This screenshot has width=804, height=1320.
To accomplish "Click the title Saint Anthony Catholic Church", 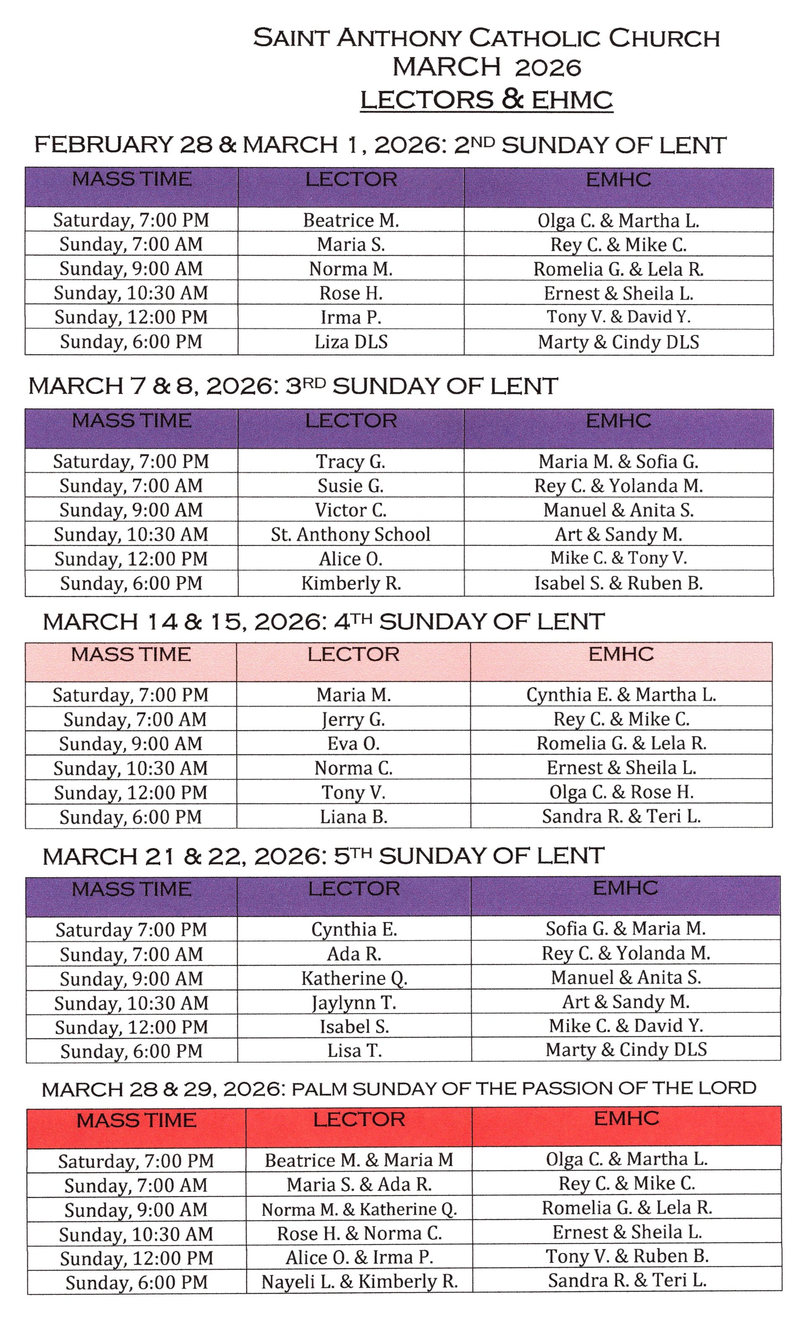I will [x=486, y=38].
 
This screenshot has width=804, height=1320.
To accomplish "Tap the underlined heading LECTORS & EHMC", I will [x=486, y=100].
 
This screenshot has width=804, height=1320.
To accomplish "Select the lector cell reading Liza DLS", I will [x=351, y=342].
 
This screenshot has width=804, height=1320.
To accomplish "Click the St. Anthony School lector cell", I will [x=351, y=534].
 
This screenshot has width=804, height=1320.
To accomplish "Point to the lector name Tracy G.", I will [x=351, y=461].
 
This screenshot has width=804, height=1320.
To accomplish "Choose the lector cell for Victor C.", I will [x=351, y=510].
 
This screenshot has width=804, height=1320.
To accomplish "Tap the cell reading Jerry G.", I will [x=353, y=719].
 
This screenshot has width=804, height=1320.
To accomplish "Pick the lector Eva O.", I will [x=353, y=744].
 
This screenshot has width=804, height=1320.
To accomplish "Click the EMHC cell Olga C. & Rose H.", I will [x=621, y=792].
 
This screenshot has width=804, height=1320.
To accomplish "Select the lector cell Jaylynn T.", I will [x=354, y=1002].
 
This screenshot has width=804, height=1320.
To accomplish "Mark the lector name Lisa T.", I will [x=354, y=1051].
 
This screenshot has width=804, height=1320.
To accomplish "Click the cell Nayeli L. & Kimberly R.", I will [x=359, y=1281].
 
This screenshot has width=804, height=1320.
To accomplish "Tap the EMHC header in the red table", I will [x=626, y=1118].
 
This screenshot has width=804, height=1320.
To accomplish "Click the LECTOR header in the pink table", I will [x=353, y=654].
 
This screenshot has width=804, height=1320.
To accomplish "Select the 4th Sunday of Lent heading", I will [x=324, y=621].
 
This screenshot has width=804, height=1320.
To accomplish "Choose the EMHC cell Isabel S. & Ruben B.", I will [x=618, y=583].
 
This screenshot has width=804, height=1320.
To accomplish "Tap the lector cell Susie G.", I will [x=351, y=486].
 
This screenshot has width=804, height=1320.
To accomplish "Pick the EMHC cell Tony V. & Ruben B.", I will [x=627, y=1256].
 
